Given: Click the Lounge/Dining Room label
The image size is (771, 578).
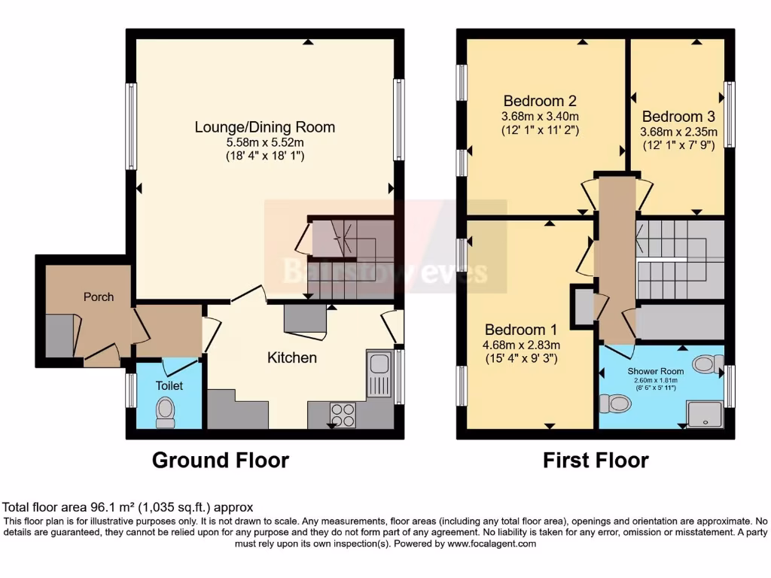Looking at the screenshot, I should (264, 126).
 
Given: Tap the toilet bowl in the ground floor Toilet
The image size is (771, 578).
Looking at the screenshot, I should (165, 411).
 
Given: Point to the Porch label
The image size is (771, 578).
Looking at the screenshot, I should (99, 297).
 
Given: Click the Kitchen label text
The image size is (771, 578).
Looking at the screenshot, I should (292, 357).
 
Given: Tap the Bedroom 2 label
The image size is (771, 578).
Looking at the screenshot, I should (540, 101).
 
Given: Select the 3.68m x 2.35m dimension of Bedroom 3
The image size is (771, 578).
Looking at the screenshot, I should (678, 132).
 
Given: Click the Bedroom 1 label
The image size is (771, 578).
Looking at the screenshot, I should (520, 330).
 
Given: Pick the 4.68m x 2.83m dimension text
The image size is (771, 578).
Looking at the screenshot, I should (520, 345).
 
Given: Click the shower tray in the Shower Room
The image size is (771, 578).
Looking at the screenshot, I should (704, 413).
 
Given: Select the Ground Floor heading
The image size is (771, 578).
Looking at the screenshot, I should (221, 460).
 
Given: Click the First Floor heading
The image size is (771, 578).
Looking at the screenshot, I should (596, 460).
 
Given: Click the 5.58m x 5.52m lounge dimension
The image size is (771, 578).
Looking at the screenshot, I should (264, 142).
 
